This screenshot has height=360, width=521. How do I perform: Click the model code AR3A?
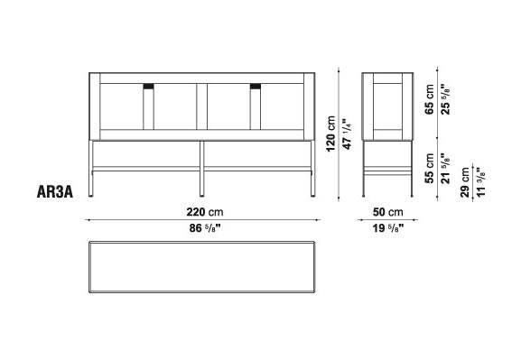tap(55, 192)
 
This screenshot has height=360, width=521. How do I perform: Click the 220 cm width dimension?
tap(205, 212)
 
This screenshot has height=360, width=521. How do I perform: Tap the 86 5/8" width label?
tap(205, 228)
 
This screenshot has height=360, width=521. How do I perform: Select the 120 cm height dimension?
tap(331, 134)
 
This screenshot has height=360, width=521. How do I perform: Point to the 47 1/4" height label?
tap(346, 134)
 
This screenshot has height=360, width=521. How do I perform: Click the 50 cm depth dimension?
tap(387, 212)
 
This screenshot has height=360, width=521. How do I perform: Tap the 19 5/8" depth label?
tap(387, 228)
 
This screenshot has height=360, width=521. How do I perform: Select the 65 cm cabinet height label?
tap(429, 99)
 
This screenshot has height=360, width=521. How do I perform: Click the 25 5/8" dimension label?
tap(445, 99)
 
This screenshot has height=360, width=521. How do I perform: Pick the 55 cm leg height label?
tap(429, 168)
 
